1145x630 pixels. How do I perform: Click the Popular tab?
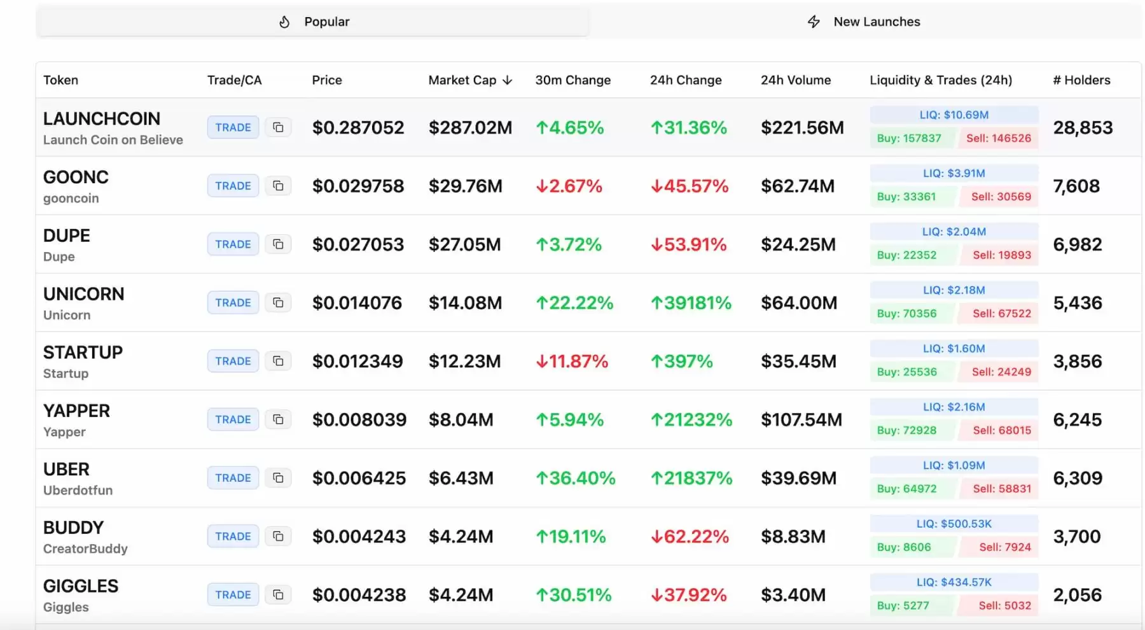point(312,22)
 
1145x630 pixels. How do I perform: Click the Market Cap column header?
point(470,80)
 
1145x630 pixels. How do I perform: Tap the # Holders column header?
point(1081,80)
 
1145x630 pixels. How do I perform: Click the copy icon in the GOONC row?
point(278,186)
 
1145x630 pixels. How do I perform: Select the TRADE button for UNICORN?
point(233,303)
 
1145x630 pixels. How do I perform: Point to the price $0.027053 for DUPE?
point(358,244)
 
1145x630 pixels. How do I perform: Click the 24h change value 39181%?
point(691,303)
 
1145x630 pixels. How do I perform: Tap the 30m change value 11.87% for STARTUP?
point(572,361)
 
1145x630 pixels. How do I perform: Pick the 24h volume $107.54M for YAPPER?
point(801,420)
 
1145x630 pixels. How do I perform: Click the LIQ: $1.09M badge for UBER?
point(954,465)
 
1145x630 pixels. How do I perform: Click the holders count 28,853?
point(1083,128)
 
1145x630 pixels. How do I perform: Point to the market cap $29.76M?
point(466,186)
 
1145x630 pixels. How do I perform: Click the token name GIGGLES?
point(81,586)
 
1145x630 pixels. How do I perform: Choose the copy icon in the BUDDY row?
point(278,536)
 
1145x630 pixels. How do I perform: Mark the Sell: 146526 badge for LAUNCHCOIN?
point(998,138)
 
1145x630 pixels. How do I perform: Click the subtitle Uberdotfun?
point(78,491)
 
